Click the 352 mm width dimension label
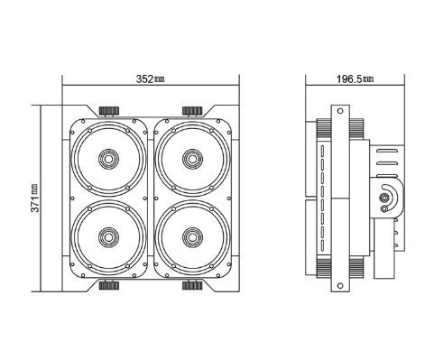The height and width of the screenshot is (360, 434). click(x=151, y=79)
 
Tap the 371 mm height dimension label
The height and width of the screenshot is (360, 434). click(x=35, y=198)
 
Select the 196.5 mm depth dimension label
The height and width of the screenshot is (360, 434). click(x=355, y=79)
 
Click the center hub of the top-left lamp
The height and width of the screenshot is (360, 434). click(x=109, y=159)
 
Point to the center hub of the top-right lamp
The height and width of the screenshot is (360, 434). click(x=192, y=159)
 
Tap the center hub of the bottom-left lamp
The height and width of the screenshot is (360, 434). click(x=109, y=237)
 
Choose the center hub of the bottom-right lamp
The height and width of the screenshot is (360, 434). click(x=192, y=237)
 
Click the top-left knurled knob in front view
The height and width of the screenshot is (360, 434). click(x=109, y=111)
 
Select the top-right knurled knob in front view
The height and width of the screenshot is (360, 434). click(x=192, y=111)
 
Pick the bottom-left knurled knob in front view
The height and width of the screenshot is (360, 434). click(x=109, y=285)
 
